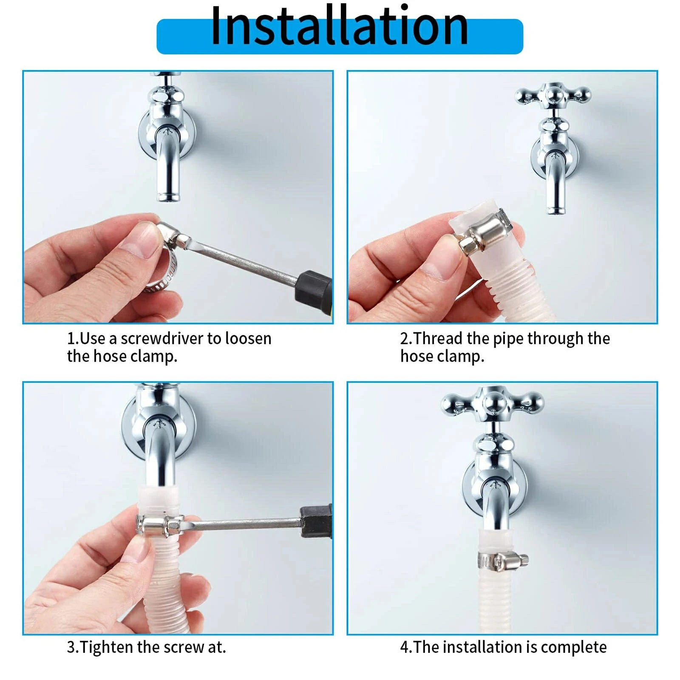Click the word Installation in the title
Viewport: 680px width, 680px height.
[339, 26]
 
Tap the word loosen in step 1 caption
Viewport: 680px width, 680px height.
[248, 339]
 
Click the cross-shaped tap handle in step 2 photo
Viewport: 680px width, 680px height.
[552, 95]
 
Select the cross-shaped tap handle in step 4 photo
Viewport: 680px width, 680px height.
[492, 402]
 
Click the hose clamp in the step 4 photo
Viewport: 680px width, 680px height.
[501, 562]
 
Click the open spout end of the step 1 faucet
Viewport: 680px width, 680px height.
[168, 197]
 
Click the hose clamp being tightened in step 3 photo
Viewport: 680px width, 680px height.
[159, 526]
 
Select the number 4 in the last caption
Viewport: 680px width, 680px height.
[404, 647]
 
